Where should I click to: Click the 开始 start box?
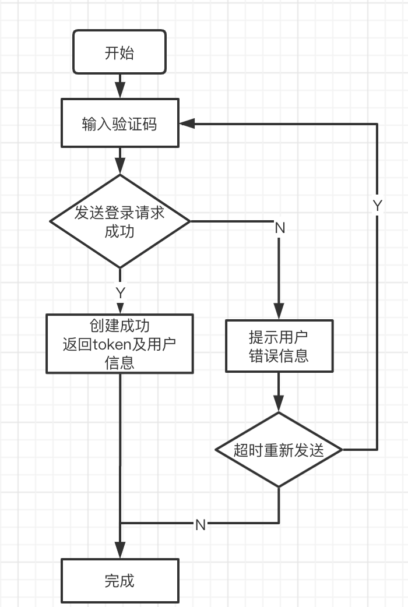click(119, 53)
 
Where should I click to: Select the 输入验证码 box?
click(119, 123)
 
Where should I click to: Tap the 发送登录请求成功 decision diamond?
click(119, 221)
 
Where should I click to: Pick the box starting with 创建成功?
click(119, 344)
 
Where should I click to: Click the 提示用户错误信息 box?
click(279, 346)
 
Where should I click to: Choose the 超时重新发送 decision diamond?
click(279, 450)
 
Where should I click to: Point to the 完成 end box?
click(119, 580)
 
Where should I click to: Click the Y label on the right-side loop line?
click(377, 206)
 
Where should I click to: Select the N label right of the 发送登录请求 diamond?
click(280, 228)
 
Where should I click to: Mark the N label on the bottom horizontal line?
click(201, 524)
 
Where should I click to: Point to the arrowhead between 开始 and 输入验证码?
click(119, 90)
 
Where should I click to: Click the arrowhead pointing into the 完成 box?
click(119, 550)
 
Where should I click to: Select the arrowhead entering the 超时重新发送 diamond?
click(279, 404)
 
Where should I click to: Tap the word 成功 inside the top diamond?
click(119, 231)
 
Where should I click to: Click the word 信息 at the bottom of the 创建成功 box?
click(119, 362)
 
